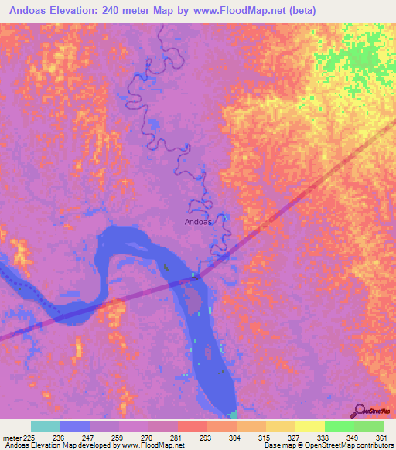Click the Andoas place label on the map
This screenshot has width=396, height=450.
tap(198, 222)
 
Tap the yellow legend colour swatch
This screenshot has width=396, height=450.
tap(310, 426)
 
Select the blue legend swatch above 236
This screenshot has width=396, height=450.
tap(75, 426)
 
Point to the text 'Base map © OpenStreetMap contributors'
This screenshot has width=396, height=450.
tap(327, 446)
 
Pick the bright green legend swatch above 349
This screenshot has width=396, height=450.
tap(340, 426)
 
